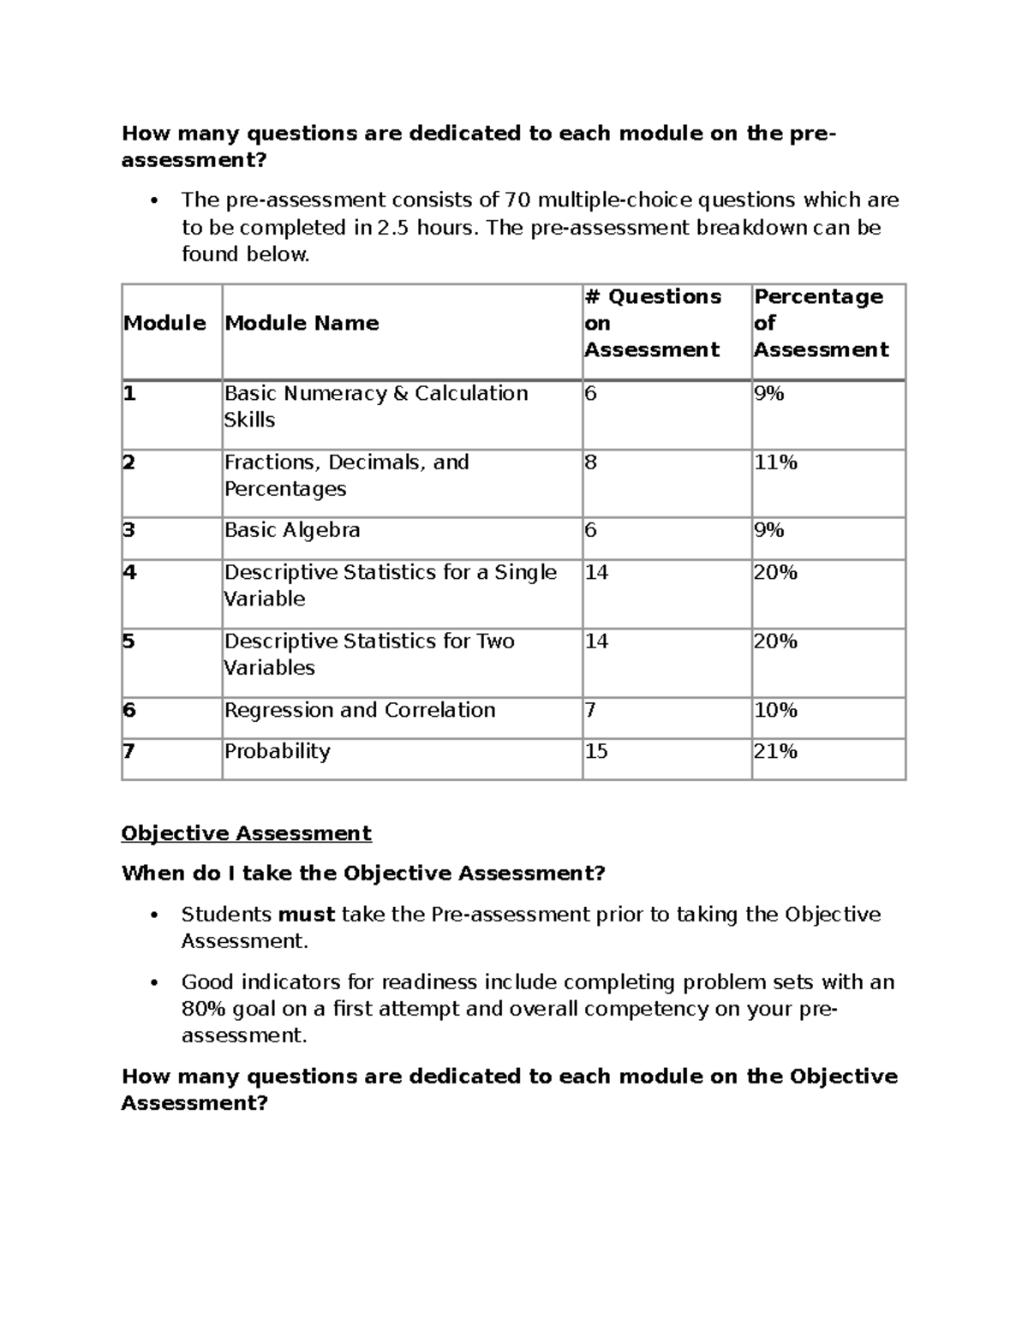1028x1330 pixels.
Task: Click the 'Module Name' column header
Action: coord(302,323)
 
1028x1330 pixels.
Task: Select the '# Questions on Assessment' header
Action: coord(652,323)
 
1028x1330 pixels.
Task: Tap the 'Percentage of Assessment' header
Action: coord(820,323)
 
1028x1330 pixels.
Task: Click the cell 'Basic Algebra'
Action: coord(292,530)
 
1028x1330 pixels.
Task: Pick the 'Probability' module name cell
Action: coord(277,751)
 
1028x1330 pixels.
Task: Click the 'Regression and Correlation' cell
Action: coord(360,710)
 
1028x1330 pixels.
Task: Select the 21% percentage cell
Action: coord(775,751)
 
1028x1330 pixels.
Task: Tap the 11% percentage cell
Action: coord(775,462)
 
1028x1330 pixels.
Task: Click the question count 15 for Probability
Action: coord(596,751)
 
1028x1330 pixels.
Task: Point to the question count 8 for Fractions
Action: coord(591,462)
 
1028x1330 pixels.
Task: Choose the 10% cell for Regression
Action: coord(775,710)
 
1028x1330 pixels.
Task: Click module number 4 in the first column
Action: coord(129,572)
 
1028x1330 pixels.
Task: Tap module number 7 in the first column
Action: coord(128,751)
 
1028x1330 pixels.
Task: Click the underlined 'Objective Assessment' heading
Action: coord(246,833)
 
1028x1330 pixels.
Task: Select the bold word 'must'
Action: coord(306,915)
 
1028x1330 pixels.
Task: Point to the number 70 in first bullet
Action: coord(517,200)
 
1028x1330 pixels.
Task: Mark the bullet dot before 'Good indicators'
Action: coord(154,983)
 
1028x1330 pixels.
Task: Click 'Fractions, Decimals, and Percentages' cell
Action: coord(346,475)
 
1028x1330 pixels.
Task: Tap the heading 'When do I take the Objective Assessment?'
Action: coord(363,874)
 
